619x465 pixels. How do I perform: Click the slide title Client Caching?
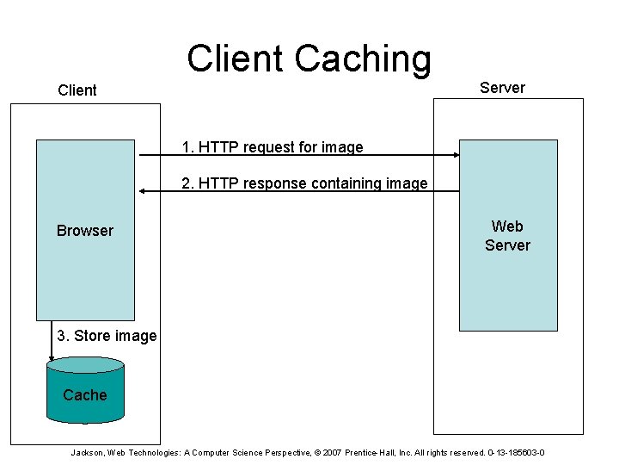pyautogui.click(x=309, y=59)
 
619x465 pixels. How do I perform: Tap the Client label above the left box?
pyautogui.click(x=77, y=90)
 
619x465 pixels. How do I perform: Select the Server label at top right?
pyautogui.click(x=502, y=87)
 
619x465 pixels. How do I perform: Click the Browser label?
pyautogui.click(x=84, y=230)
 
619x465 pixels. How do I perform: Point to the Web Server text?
pyautogui.click(x=507, y=236)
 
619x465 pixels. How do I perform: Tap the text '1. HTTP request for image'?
pyautogui.click(x=273, y=147)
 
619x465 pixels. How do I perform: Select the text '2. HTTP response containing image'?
pyautogui.click(x=304, y=183)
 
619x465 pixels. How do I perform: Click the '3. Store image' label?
pyautogui.click(x=107, y=336)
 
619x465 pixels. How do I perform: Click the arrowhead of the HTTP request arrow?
pyautogui.click(x=456, y=156)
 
